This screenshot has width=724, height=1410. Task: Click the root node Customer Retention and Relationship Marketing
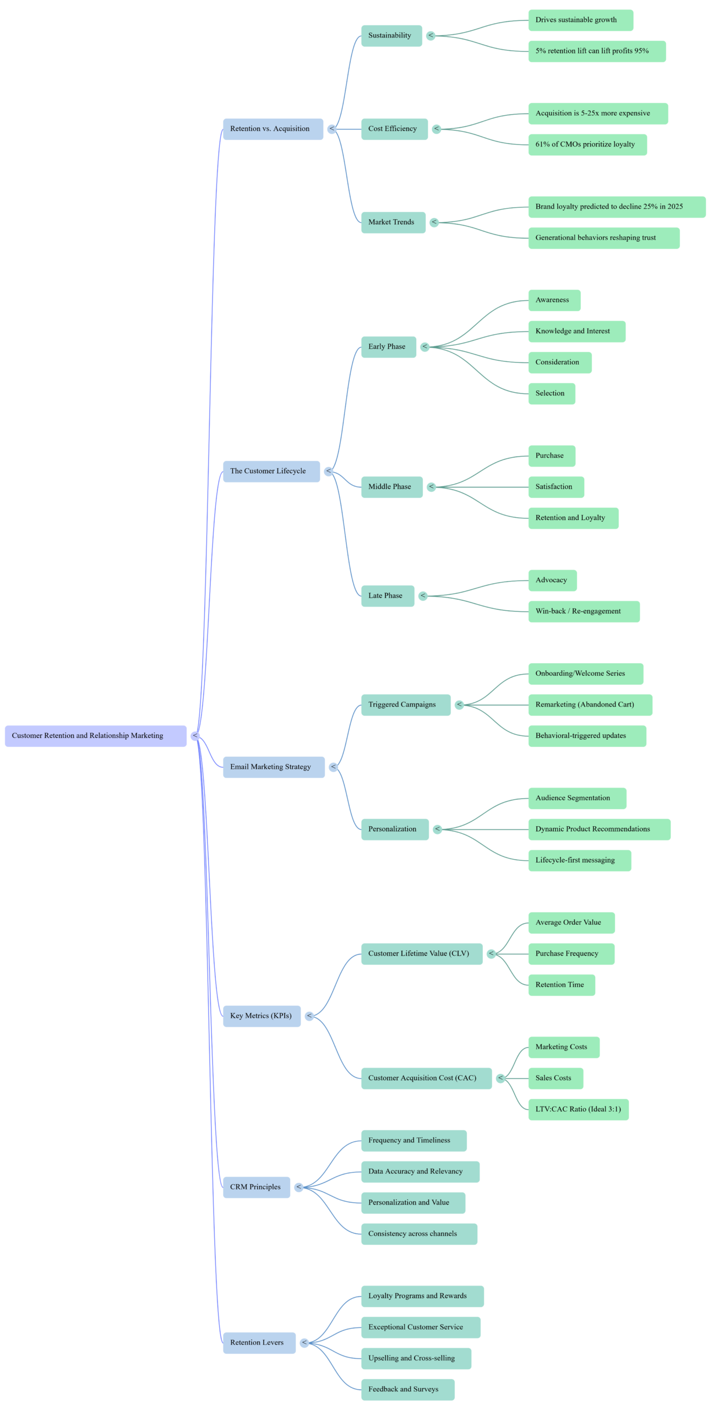tap(95, 736)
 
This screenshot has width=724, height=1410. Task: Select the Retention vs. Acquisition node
tap(273, 129)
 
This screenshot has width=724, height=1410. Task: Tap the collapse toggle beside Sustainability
tap(431, 36)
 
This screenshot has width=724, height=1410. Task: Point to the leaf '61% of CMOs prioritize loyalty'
tap(587, 145)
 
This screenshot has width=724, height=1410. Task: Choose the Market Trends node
tap(393, 223)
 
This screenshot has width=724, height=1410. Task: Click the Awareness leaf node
tap(554, 300)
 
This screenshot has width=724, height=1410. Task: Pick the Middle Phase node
tap(391, 487)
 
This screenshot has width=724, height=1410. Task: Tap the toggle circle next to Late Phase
tap(423, 596)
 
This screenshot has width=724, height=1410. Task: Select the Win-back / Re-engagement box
tap(584, 611)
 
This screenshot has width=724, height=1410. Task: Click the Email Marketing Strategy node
tap(273, 767)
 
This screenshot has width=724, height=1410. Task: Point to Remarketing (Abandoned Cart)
tap(590, 705)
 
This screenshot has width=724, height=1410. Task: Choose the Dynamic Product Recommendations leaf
tap(599, 829)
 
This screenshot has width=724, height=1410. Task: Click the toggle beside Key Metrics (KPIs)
tap(309, 1016)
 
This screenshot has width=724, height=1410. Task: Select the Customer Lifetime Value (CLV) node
tap(422, 954)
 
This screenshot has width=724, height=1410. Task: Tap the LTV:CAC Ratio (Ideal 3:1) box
tap(578, 1109)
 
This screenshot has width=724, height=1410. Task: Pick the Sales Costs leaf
tap(555, 1078)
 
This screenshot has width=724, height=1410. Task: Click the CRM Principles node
tap(256, 1187)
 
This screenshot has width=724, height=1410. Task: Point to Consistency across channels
tap(419, 1234)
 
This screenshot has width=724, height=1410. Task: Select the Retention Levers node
tap(259, 1343)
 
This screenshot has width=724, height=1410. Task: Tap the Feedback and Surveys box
tap(407, 1390)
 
